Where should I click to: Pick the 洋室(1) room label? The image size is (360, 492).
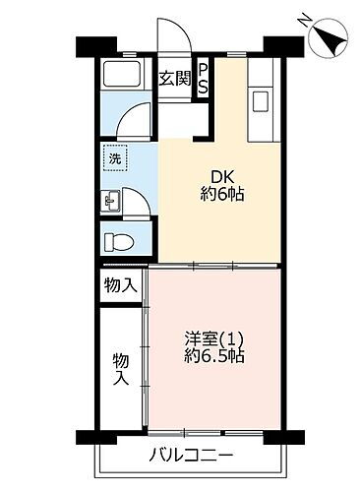(210, 339)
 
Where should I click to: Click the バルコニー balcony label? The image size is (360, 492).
(191, 456)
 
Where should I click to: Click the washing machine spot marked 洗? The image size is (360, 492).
(113, 157)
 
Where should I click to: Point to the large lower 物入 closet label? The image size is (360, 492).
(120, 369)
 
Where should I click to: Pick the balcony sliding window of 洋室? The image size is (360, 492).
(210, 432)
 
